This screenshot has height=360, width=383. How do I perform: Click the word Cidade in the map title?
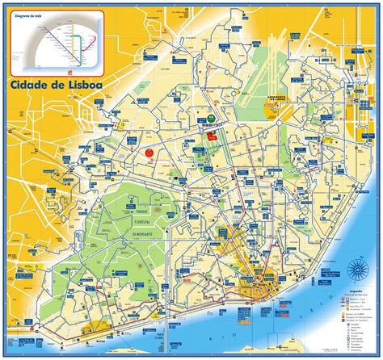click(32, 82)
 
